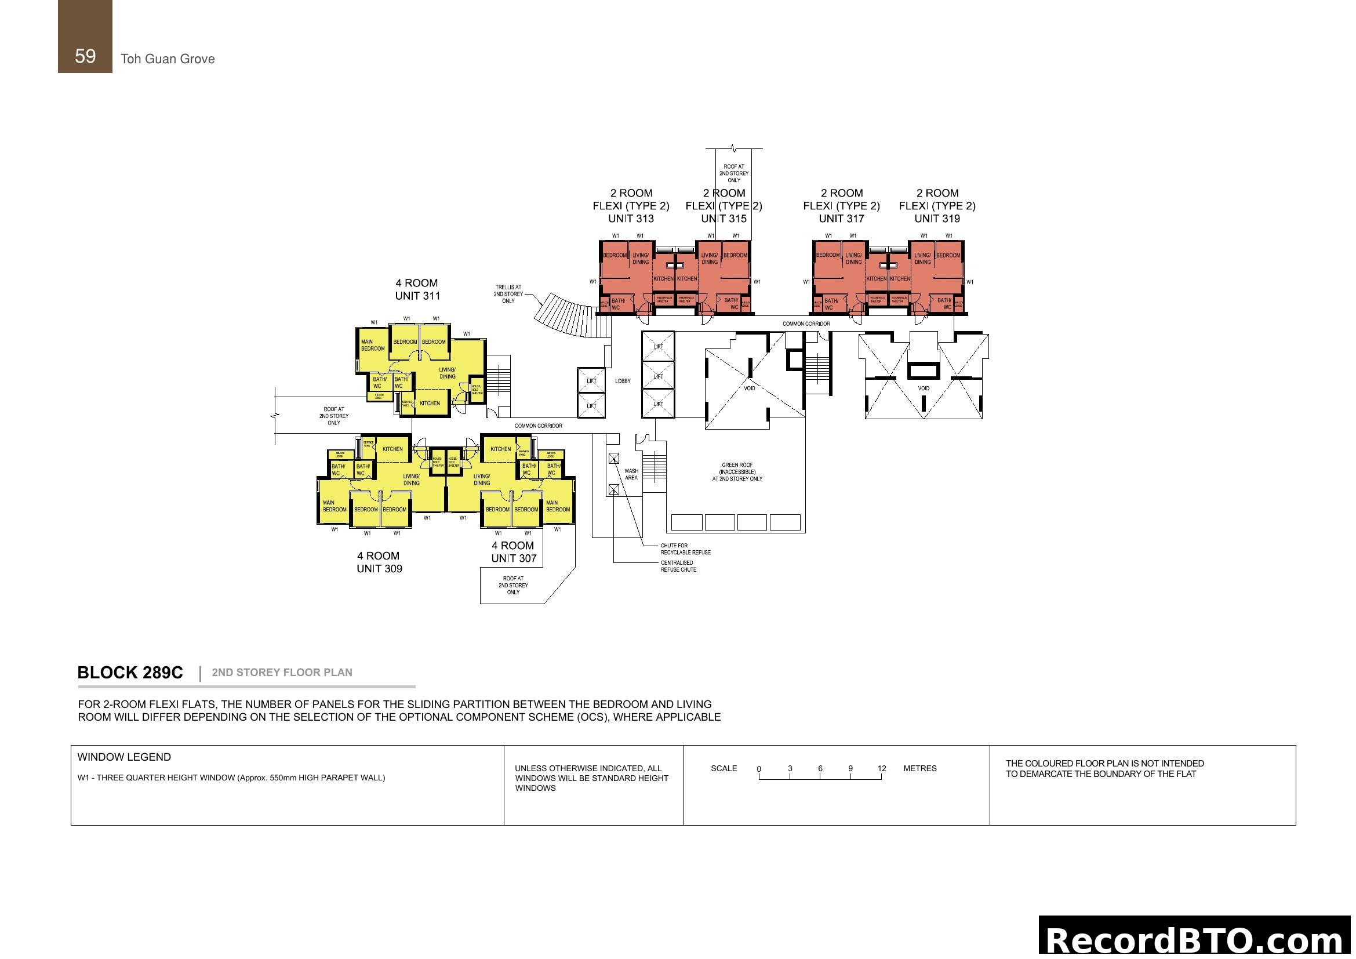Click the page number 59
[85, 56]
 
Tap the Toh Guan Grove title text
[168, 59]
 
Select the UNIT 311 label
[417, 296]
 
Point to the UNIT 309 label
[379, 569]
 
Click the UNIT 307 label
[513, 558]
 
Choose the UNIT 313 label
[631, 219]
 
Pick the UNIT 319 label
[937, 219]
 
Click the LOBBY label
[623, 382]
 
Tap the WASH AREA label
[631, 474]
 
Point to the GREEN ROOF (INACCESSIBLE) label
[737, 472]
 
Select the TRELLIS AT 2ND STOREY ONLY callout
[508, 294]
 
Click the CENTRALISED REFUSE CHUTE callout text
[678, 566]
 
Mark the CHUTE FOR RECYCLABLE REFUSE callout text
[685, 549]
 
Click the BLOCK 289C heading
[130, 673]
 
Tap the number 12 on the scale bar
[881, 768]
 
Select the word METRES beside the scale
[919, 768]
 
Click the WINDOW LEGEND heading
[124, 757]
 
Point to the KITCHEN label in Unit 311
[430, 404]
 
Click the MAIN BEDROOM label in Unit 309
[335, 506]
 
